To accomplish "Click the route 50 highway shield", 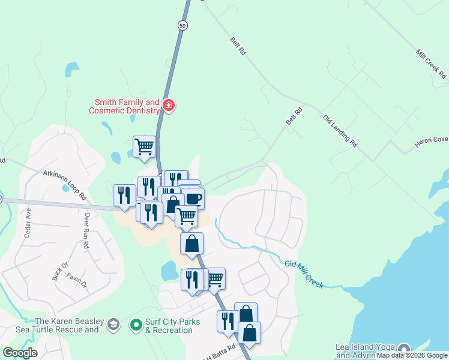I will tap(182, 25).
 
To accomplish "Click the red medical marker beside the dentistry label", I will tap(169, 106).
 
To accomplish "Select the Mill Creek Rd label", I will tap(431, 64).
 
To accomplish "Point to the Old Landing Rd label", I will tap(340, 131).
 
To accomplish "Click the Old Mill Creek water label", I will tap(304, 274).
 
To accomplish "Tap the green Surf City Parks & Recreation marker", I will tap(136, 325).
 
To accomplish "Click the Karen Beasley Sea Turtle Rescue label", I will tap(69, 325).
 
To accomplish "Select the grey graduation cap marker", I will tap(112, 325).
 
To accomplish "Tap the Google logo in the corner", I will tap(20, 353).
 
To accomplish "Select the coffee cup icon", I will tap(193, 197).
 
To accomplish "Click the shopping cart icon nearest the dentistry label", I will tap(144, 145).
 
